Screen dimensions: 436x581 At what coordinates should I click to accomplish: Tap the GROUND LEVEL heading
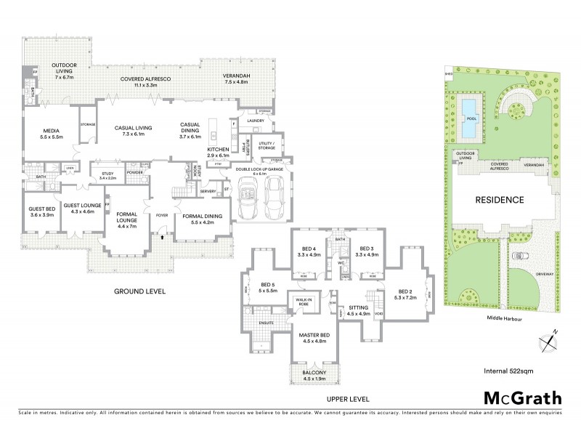[x=139, y=291]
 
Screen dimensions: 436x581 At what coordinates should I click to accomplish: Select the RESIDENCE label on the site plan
[x=500, y=199]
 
